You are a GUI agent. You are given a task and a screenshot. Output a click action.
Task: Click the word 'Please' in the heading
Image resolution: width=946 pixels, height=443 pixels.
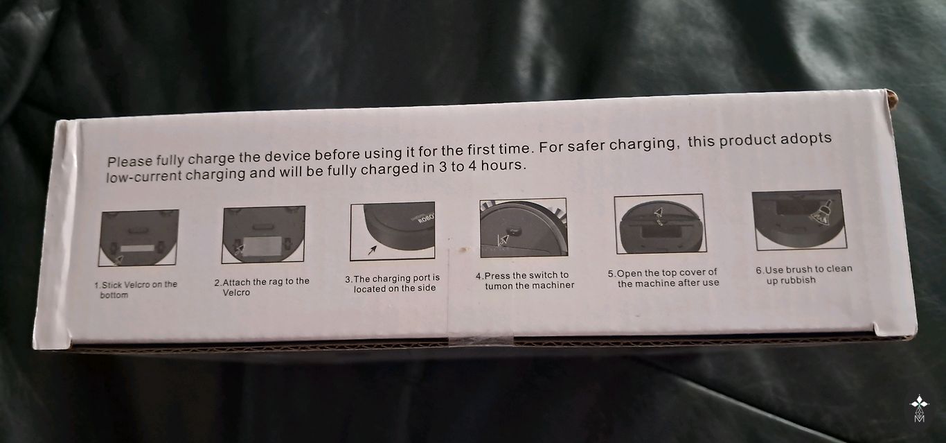point(130,162)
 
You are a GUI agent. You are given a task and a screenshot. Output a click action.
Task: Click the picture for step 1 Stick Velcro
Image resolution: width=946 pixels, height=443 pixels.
point(138,238)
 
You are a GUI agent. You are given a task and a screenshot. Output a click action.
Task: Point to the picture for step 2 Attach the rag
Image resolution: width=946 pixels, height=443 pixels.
point(264,234)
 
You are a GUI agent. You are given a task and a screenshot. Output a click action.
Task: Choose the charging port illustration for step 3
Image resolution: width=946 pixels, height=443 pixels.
point(393,231)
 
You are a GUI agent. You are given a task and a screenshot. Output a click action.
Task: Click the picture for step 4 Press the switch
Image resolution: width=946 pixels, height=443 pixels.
point(524,227)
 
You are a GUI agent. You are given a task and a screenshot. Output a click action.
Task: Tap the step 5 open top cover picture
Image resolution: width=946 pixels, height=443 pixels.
point(660,224)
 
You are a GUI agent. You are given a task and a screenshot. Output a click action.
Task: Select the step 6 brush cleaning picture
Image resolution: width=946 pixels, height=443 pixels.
point(799,220)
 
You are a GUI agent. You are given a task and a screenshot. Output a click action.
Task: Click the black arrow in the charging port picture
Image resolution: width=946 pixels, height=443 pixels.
point(372,250)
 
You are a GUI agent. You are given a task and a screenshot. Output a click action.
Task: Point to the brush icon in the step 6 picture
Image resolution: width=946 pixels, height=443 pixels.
point(822,213)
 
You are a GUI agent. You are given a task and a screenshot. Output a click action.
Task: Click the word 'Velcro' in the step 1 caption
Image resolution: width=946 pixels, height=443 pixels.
point(136,285)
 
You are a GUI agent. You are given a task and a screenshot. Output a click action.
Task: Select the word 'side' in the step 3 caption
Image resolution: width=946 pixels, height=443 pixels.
point(427,288)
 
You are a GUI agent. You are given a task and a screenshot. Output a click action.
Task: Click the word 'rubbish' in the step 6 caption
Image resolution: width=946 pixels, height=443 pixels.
point(797,280)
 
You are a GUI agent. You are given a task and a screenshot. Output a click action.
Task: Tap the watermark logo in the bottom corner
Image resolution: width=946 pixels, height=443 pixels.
point(920,408)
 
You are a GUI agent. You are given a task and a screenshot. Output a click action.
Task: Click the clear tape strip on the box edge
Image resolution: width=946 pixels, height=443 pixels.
point(480,340)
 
